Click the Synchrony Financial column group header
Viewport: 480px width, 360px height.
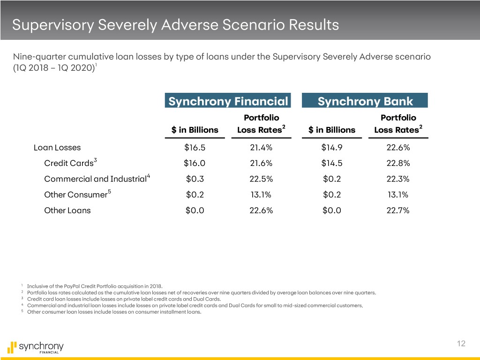(x=228, y=101)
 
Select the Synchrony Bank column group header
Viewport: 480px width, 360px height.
(x=365, y=101)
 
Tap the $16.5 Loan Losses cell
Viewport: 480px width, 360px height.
(x=195, y=148)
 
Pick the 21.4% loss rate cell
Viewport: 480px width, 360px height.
(x=261, y=148)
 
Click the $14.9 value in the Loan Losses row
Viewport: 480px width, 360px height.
(x=332, y=148)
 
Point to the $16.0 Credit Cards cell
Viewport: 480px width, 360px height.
(x=195, y=164)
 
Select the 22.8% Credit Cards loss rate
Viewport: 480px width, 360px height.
(x=398, y=164)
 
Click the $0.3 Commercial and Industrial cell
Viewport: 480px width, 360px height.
(x=195, y=179)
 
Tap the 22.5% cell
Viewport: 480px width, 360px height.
(x=261, y=179)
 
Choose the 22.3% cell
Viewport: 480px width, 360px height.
(x=398, y=179)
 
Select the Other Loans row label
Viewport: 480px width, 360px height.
(x=67, y=210)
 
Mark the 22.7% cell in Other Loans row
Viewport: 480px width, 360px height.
(x=398, y=210)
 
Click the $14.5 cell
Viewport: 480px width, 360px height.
(x=332, y=164)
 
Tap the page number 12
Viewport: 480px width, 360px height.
(x=461, y=344)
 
